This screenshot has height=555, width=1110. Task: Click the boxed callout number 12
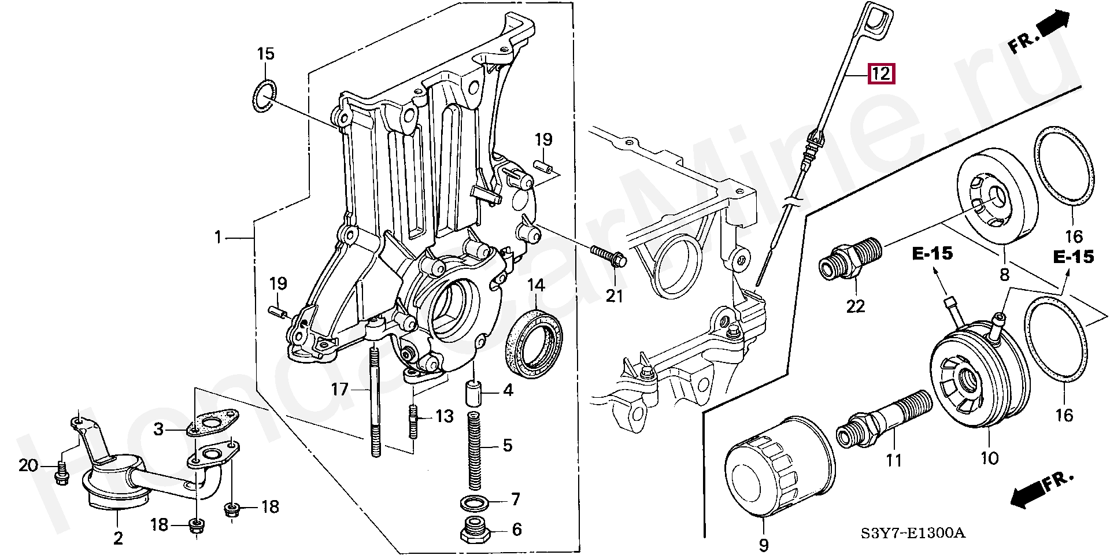[881, 73]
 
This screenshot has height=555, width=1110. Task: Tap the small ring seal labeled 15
[265, 97]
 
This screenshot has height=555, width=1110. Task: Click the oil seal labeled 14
[534, 344]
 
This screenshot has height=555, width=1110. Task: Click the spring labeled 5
[474, 452]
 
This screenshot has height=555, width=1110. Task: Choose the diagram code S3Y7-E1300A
[913, 532]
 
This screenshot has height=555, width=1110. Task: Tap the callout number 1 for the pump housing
[218, 237]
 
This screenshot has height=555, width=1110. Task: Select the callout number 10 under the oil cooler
[990, 458]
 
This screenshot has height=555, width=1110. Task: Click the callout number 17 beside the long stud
[339, 389]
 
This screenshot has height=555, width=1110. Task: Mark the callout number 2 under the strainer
[119, 538]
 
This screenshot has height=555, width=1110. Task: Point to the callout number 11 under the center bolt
[894, 461]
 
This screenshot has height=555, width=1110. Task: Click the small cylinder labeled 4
[473, 393]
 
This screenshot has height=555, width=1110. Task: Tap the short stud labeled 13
[414, 422]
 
